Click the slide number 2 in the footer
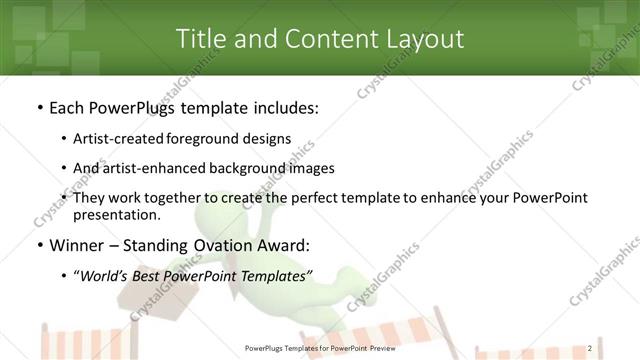click(x=590, y=348)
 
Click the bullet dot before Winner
click(x=38, y=245)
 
